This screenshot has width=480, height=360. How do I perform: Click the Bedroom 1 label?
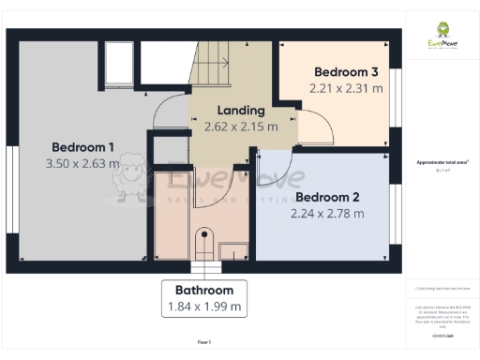(x=82, y=147)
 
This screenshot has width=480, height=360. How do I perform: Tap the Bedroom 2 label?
(x=327, y=197)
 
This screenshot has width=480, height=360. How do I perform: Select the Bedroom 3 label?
(x=346, y=72)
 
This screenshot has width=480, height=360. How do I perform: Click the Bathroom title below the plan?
(x=203, y=290)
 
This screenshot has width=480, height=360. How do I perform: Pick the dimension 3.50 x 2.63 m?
(x=82, y=164)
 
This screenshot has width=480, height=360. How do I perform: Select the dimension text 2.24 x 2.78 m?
(x=327, y=213)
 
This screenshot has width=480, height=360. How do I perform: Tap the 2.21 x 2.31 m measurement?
(x=346, y=88)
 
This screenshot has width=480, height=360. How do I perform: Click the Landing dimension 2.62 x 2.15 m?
(x=240, y=127)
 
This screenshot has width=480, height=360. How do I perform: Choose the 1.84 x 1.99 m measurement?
(x=203, y=306)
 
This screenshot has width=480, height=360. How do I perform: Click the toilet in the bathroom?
(x=203, y=240)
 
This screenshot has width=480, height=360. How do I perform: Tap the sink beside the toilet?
(x=234, y=248)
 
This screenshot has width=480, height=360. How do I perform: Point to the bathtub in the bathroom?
(x=172, y=216)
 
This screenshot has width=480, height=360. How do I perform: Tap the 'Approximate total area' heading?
(x=438, y=162)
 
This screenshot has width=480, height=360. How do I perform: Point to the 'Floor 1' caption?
(x=203, y=341)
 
